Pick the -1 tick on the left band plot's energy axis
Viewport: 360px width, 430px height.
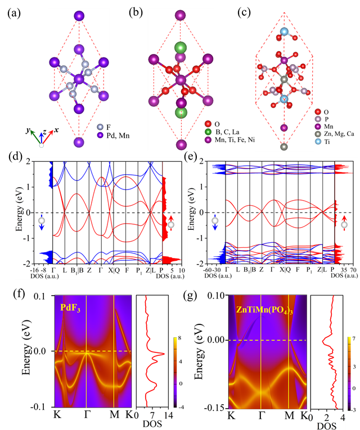tap(28, 238)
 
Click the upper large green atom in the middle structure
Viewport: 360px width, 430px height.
tap(180, 47)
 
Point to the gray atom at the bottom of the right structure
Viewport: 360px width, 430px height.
tap(284, 147)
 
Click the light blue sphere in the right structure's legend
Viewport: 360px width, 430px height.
tap(318, 142)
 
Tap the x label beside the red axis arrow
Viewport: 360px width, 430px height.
tap(56, 130)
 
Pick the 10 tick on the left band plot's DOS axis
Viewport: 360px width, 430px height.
tap(181, 270)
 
